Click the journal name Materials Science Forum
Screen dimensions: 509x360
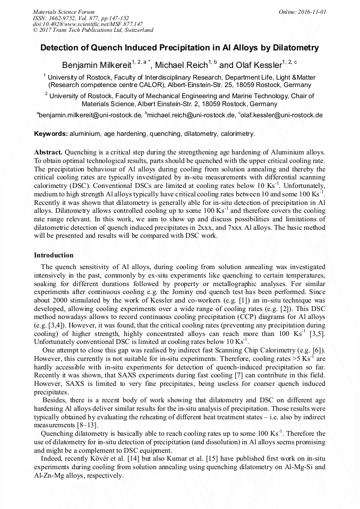64,11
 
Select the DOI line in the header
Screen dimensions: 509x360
88,24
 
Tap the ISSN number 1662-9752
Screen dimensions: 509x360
67,18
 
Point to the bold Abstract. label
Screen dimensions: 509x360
48,152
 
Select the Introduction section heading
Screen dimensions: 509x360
54,255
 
